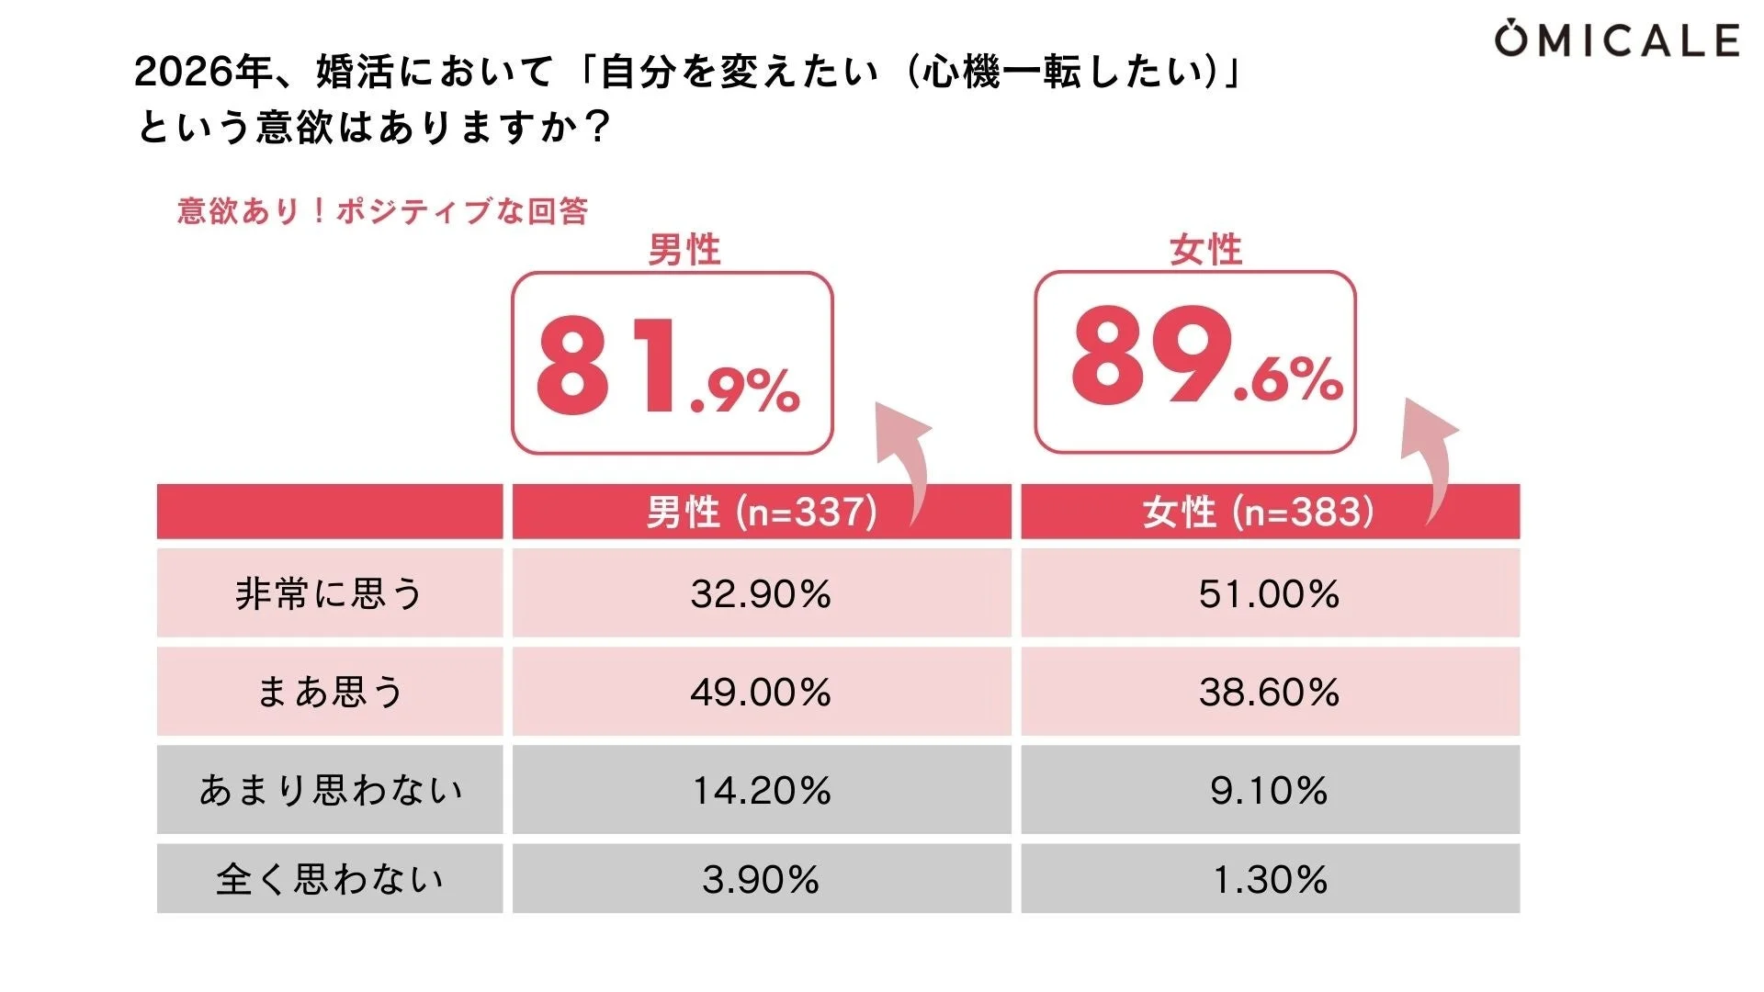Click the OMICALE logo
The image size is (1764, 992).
(1616, 40)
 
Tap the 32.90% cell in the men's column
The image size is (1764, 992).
(761, 593)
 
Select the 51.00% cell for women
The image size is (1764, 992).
(1269, 593)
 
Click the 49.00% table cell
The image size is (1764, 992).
(761, 692)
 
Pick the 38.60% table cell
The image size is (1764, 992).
(1269, 692)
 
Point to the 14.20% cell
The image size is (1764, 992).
(761, 790)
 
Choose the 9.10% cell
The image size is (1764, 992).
(1269, 790)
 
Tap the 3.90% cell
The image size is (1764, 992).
(761, 879)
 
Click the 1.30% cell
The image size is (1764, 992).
(1269, 879)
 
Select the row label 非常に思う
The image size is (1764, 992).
(329, 593)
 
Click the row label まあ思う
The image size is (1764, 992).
(329, 692)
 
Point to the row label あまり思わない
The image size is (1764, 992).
(329, 790)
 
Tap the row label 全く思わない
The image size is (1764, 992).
(329, 879)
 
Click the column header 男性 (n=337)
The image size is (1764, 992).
(761, 512)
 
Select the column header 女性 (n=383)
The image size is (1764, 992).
(1259, 512)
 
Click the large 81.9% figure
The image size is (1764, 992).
(669, 366)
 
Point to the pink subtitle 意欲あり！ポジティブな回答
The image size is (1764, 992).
(382, 211)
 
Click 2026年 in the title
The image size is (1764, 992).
(203, 72)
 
